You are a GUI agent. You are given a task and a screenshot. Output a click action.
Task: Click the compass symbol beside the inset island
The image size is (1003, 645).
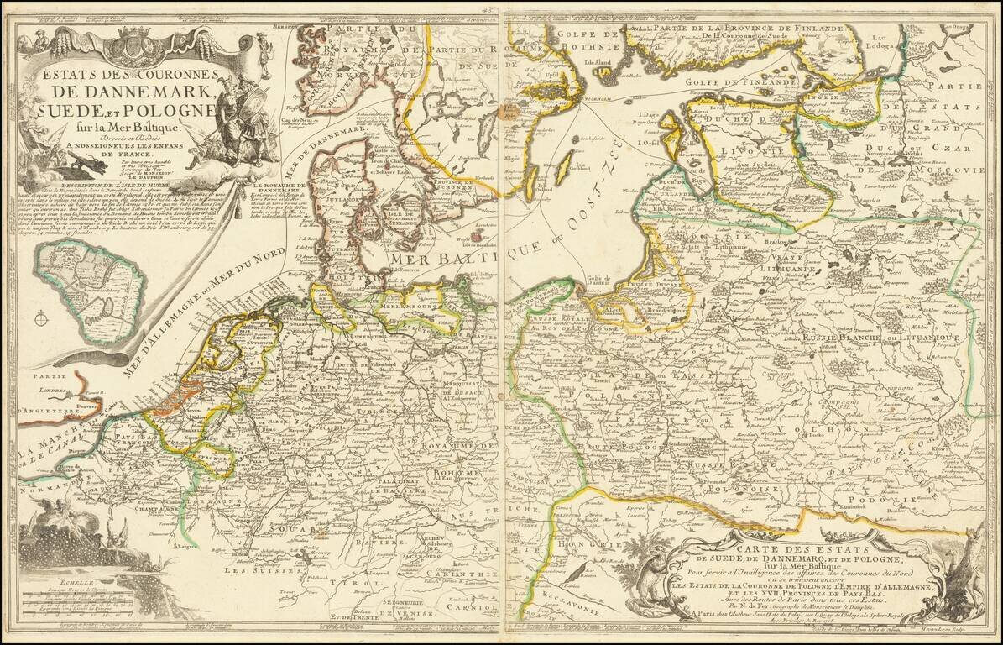click(x=40, y=318)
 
